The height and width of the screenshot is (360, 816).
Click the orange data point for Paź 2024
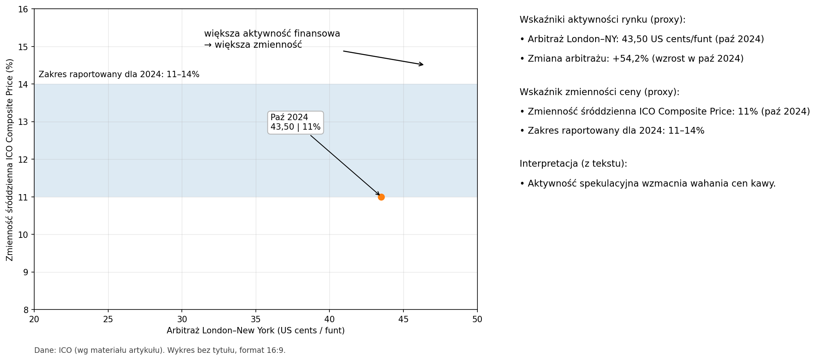(381, 197)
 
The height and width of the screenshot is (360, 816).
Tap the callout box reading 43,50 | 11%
(295, 123)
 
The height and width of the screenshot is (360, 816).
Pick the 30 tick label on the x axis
(182, 319)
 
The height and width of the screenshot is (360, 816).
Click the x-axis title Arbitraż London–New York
(255, 331)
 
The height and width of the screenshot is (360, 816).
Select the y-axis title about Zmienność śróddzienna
(10, 160)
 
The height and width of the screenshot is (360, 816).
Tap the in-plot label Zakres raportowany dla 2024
(119, 74)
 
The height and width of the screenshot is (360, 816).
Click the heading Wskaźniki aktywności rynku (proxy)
(602, 20)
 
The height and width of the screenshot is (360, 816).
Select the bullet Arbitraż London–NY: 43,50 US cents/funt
(641, 39)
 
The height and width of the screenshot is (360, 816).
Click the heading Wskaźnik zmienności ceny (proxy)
(599, 92)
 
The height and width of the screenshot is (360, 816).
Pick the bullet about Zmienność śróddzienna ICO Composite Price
(664, 112)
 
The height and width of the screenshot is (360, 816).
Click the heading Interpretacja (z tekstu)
(573, 164)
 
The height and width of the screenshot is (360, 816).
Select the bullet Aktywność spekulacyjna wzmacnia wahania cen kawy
(647, 184)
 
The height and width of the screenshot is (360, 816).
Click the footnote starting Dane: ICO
(160, 350)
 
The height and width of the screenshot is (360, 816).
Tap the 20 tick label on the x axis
(34, 319)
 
